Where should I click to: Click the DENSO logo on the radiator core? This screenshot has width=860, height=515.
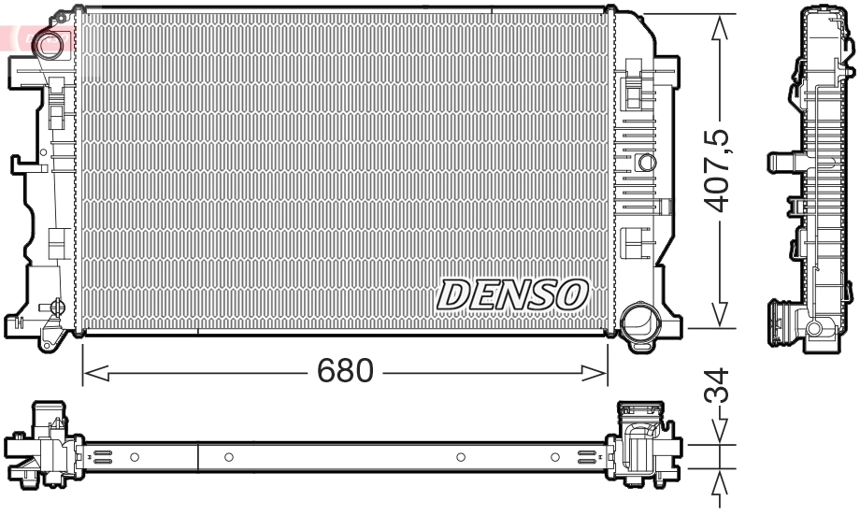(x=511, y=294)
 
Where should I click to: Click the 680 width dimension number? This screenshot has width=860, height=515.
(x=345, y=371)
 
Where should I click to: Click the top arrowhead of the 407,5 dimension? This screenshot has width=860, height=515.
(x=719, y=27)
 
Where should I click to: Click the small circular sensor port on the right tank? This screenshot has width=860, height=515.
(x=646, y=162)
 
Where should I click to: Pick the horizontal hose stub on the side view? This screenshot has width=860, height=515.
(x=781, y=162)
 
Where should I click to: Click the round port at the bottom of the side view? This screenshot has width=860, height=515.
(x=814, y=327)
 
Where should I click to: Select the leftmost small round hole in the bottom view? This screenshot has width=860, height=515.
(x=135, y=457)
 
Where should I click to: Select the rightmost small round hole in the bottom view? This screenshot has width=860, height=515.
(x=555, y=457)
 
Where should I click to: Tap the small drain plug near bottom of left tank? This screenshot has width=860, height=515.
(x=56, y=307)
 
